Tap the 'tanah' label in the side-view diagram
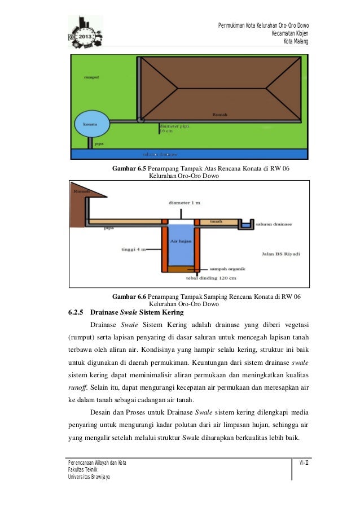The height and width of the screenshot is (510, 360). (x=215, y=221)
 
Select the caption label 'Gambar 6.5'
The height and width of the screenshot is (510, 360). (x=129, y=168)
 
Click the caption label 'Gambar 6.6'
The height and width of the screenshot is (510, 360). (x=129, y=297)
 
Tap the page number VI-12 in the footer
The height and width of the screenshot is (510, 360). (x=303, y=463)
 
